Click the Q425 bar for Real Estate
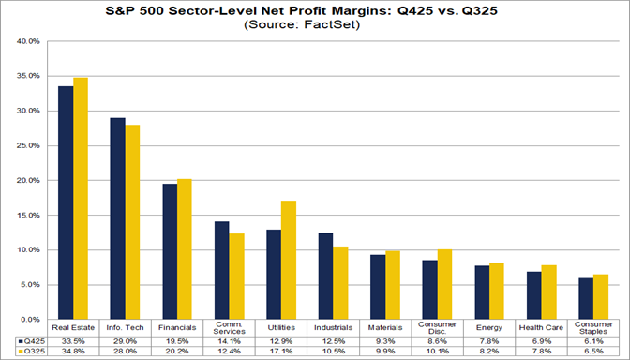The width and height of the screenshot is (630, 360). pyautogui.click(x=67, y=202)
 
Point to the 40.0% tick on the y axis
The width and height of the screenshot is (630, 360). pyautogui.click(x=27, y=42)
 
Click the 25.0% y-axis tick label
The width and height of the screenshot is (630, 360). pyautogui.click(x=27, y=146)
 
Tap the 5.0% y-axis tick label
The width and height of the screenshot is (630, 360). pyautogui.click(x=27, y=285)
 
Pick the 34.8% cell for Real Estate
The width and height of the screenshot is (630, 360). pyautogui.click(x=74, y=352)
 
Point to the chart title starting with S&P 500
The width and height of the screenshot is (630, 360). pyautogui.click(x=315, y=9)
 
